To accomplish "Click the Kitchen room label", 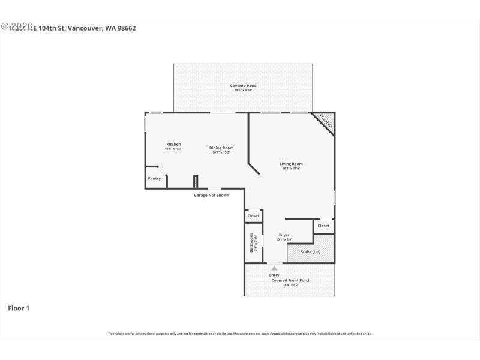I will tap(173, 144).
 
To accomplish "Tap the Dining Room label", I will tap(221, 148).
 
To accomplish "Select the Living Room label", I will tap(291, 164).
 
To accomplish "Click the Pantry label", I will tap(154, 178).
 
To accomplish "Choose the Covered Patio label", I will tap(243, 86).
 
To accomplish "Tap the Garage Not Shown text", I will tap(211, 195).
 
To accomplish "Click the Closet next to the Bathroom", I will tap(253, 215).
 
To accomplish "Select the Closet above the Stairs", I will tap(323, 226).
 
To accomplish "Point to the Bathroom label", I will tap(251, 242).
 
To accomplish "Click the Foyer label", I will tap(284, 235).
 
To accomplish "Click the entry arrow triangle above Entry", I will tap(274, 268).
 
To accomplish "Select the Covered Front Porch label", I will tap(291, 280).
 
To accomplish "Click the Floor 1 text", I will tap(19, 308).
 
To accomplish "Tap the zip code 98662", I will tap(125, 28).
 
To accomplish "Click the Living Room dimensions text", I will tap(291, 169).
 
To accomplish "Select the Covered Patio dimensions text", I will tap(243, 91).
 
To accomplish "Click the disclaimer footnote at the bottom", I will tap(240, 334).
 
